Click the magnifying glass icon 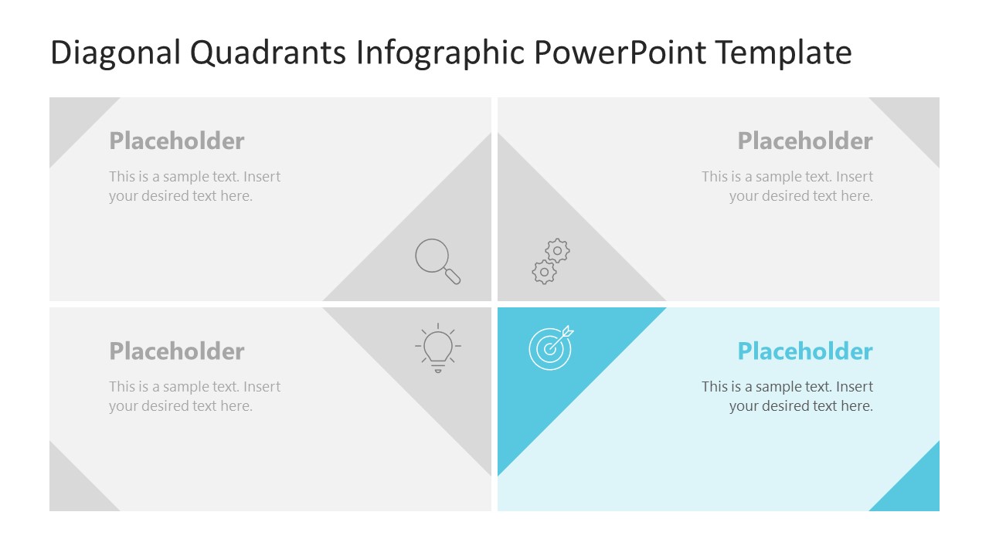point(437,260)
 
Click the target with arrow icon point(551,347)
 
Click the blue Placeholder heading point(805,351)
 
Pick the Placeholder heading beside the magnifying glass point(177,141)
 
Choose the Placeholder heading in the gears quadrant point(805,141)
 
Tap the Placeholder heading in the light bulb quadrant point(177,351)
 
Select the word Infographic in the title point(442,53)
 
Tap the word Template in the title point(783,53)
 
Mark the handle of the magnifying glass point(454,276)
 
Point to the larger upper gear point(558,250)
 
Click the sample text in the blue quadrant point(788,396)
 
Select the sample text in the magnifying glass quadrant point(195,186)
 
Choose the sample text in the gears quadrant point(788,186)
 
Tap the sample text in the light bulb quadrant point(195,396)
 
